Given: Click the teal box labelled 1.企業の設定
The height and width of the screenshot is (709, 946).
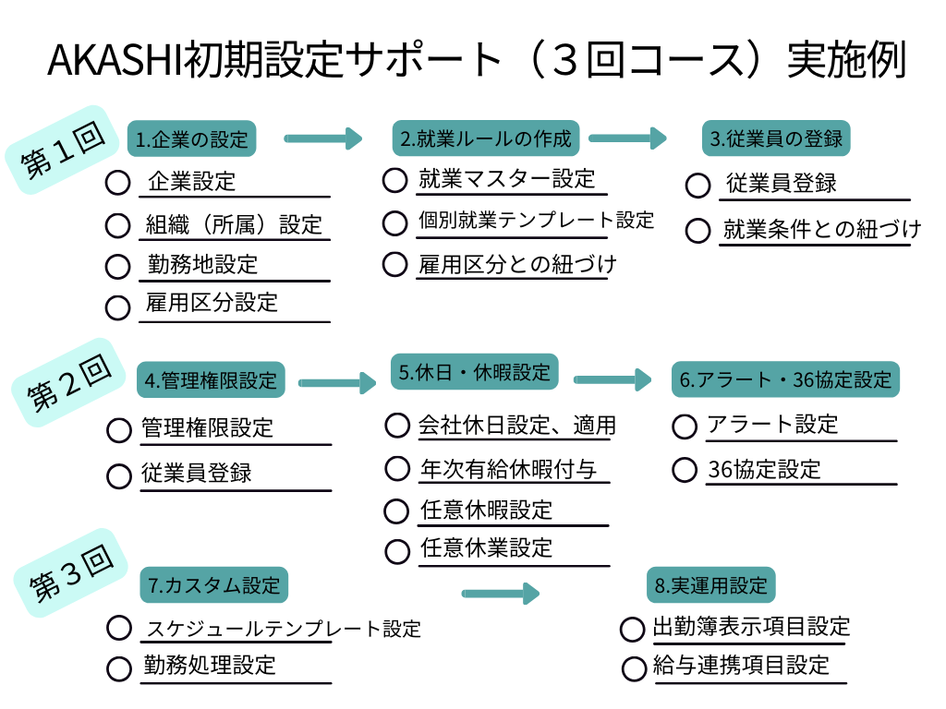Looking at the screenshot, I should point(191,140).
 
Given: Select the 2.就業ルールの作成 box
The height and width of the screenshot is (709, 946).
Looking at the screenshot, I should point(486,139).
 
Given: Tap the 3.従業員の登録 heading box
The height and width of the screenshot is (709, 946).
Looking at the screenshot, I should point(776,139).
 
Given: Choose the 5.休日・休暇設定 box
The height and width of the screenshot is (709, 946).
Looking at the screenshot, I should point(474,373).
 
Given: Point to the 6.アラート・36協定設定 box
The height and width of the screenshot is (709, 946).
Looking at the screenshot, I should point(785,379).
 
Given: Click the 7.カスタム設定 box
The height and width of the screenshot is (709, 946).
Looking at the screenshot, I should point(213,585).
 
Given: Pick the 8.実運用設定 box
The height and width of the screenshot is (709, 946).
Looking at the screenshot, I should point(710,585).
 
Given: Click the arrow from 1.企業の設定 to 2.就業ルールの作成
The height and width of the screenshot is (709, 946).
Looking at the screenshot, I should point(322,139).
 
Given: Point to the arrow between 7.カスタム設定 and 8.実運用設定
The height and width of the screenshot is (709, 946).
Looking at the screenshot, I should point(500,593).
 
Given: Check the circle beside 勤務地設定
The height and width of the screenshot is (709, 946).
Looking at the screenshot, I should point(117,267).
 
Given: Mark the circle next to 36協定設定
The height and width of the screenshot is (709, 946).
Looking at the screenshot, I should point(685,470).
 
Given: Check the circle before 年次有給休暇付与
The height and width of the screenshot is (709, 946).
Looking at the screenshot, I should point(396,468).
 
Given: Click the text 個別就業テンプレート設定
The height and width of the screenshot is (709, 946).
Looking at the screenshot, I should point(536,221).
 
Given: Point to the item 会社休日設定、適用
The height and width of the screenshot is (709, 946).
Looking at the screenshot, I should point(516,426).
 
